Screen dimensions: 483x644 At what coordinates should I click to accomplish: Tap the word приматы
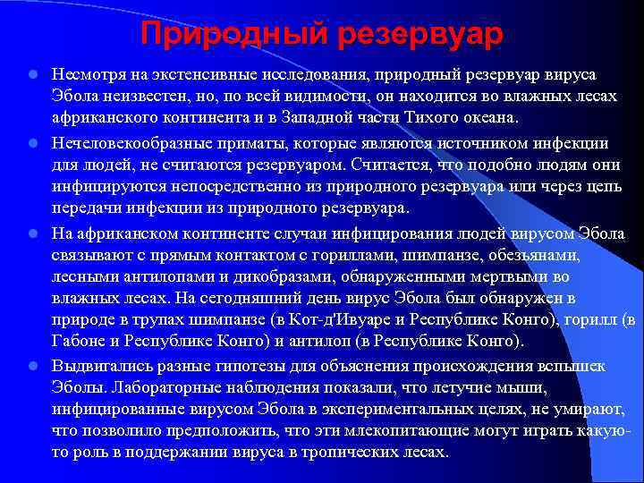(x=275, y=143)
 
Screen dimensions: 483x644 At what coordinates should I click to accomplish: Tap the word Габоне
(x=80, y=342)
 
